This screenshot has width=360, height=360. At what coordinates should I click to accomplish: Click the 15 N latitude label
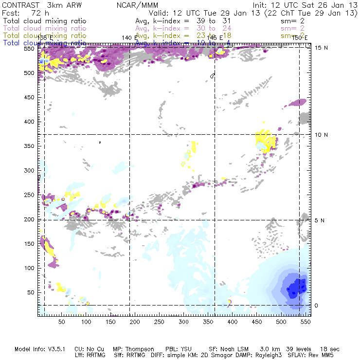click(x=319, y=47)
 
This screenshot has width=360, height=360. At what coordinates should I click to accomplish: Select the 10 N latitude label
click(x=319, y=134)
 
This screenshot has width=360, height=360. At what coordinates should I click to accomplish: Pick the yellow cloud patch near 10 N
click(x=265, y=142)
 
